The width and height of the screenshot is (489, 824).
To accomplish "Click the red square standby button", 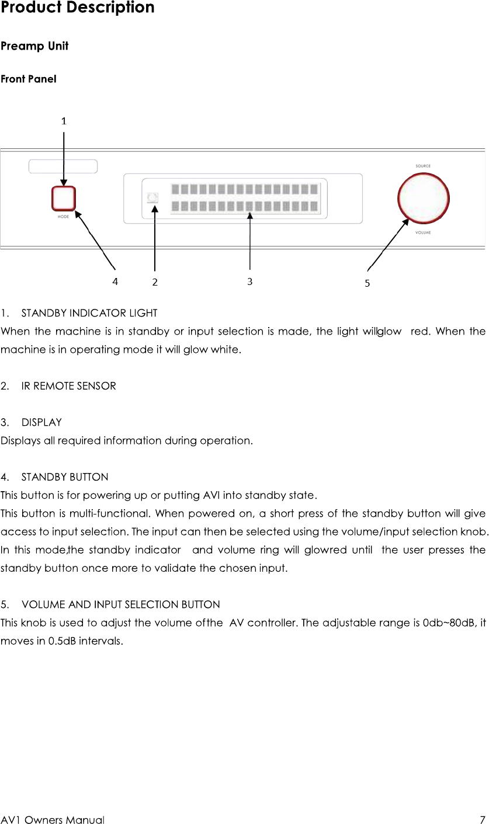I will point(63,199).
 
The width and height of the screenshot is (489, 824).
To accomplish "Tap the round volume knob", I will point(423,198).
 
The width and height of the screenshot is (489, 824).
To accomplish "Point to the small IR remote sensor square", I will point(153,198).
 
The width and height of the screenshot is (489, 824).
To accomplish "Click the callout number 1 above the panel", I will point(64,121).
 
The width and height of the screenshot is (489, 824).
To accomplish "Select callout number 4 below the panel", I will point(116,280).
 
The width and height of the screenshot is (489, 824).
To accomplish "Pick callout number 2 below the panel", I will point(155,281).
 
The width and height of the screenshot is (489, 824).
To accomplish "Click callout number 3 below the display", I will point(249,281).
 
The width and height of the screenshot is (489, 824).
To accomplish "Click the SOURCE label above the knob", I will point(423,166).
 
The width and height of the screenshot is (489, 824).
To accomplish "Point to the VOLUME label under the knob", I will point(423,232).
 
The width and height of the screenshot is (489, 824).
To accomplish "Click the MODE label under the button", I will point(63,217).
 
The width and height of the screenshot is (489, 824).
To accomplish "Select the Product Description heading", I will point(78,8).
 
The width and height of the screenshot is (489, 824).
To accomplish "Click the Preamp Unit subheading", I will point(34,46).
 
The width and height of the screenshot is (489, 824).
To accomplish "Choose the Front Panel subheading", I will point(29,79).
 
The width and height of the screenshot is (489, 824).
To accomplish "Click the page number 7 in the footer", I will point(482,820).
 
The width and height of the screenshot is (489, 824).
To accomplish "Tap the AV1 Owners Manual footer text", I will point(53,820).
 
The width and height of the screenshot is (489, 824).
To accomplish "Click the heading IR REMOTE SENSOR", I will point(68,386).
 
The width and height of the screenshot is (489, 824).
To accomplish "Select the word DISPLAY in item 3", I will point(41,422).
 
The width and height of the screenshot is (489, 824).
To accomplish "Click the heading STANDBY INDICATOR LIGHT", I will point(89,314).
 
